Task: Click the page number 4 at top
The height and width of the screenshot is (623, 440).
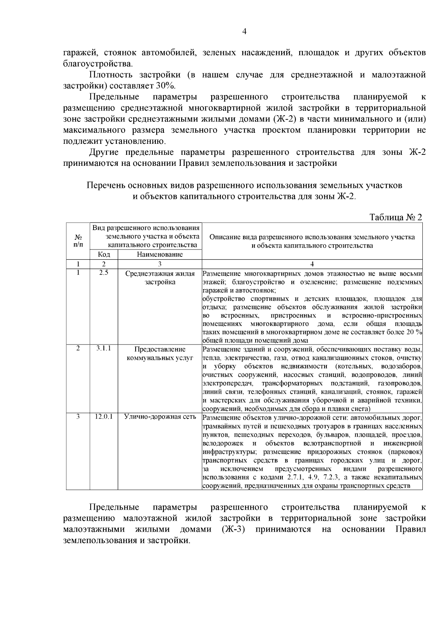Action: (245, 32)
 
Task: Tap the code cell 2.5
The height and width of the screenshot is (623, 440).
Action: (104, 273)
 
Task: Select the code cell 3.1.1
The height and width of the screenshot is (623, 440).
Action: (104, 349)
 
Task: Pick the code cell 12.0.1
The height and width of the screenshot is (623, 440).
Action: (104, 417)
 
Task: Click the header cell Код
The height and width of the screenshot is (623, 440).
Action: (104, 254)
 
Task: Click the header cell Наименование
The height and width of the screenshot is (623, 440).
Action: (159, 254)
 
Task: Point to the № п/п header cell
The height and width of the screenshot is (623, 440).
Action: (78, 240)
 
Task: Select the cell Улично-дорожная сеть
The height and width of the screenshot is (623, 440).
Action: (159, 417)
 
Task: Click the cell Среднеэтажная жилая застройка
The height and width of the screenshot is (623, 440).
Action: (159, 278)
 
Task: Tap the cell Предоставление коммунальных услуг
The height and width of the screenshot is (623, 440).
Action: (159, 353)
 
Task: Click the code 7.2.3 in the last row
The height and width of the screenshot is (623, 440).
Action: (332, 477)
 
